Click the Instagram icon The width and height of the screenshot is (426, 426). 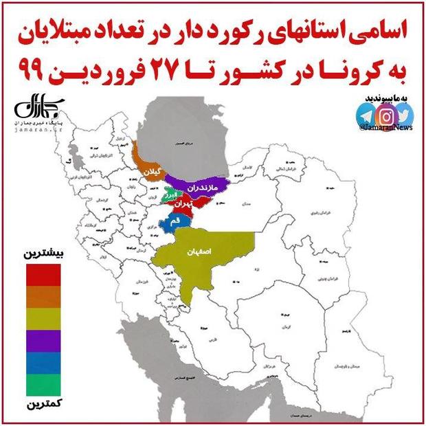(x=385, y=114)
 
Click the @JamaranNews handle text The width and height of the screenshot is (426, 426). (x=385, y=128)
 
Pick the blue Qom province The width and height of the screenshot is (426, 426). (x=172, y=222)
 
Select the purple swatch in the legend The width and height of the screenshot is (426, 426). (x=43, y=339)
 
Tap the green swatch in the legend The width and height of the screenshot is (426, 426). (x=43, y=383)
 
